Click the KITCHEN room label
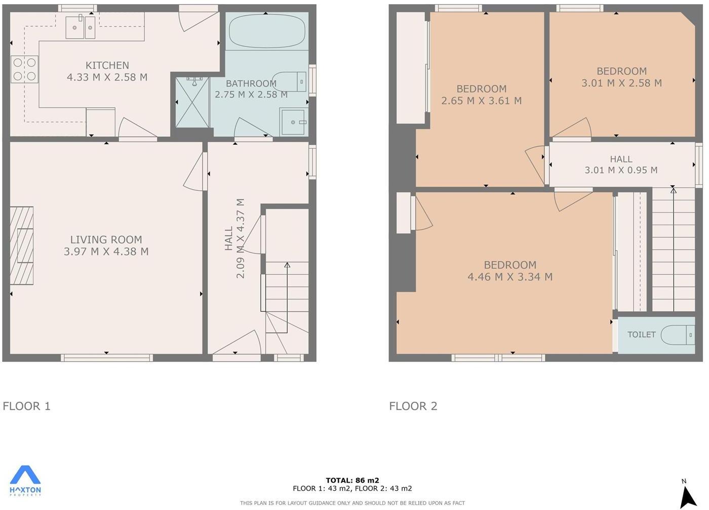(107, 65)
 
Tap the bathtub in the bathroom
(267, 31)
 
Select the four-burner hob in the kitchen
(25, 69)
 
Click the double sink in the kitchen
(81, 26)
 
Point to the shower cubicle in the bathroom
(192, 102)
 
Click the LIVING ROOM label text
(106, 240)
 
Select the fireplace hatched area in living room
(22, 245)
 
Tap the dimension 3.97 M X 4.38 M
(106, 251)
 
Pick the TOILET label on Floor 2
(641, 334)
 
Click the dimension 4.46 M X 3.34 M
(509, 277)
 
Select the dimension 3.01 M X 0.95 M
(621, 171)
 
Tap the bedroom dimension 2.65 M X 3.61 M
(481, 101)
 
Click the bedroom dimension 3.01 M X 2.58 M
(621, 83)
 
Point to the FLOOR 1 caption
(27, 406)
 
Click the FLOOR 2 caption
(413, 406)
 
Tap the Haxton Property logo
(25, 480)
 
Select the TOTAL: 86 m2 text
(352, 480)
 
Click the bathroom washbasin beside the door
(293, 122)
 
